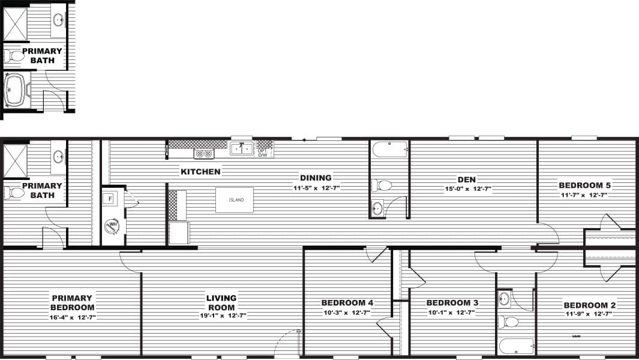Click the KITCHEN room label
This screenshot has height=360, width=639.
tap(200, 172)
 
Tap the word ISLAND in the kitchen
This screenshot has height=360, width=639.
tap(236, 200)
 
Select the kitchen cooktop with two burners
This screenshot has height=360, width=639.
tap(205, 154)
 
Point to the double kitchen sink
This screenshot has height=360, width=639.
tap(242, 149)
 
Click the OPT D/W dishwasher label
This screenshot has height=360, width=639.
tap(263, 153)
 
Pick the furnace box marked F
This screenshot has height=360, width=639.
tap(111, 198)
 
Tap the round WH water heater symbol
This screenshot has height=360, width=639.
tap(112, 226)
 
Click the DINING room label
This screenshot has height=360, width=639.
tap(316, 178)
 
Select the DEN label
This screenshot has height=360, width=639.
tap(466, 178)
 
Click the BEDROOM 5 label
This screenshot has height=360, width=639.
tap(584, 185)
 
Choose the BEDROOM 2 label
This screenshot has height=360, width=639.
tap(590, 305)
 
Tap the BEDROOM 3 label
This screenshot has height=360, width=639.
tap(452, 302)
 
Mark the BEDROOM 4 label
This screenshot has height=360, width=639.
tap(347, 302)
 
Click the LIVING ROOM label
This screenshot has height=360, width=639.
tap(221, 302)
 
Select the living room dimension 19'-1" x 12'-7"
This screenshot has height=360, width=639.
tap(221, 315)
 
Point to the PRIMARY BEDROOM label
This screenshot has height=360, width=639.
tap(72, 302)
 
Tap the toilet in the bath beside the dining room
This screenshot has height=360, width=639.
tap(382, 185)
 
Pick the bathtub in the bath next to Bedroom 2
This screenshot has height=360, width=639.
tap(516, 346)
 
